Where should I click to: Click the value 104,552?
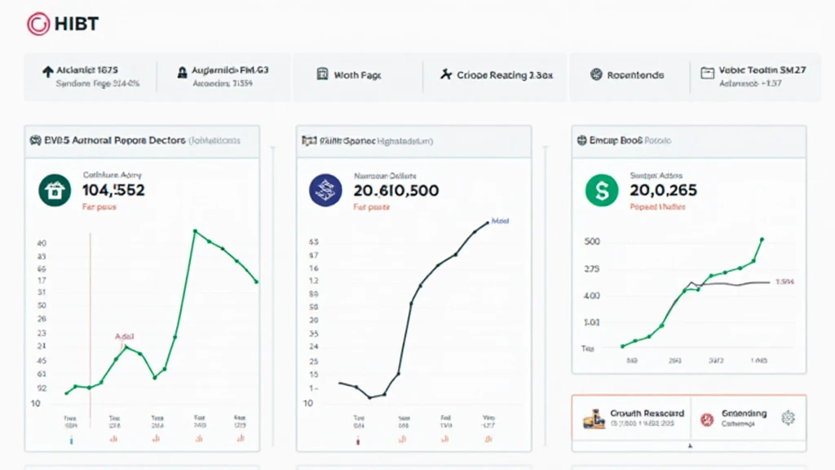click(x=113, y=191)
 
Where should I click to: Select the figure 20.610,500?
click(x=396, y=191)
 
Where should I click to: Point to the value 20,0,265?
click(x=663, y=191)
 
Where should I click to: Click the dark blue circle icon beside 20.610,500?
click(x=325, y=190)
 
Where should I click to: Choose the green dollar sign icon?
click(x=603, y=190)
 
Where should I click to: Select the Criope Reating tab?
click(x=496, y=75)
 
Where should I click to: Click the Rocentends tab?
click(x=627, y=75)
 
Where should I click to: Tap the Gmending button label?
click(x=743, y=414)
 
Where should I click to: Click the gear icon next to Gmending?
click(x=788, y=418)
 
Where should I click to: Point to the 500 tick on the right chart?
click(x=591, y=242)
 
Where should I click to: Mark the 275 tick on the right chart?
click(x=591, y=268)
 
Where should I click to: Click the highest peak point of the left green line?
click(x=196, y=231)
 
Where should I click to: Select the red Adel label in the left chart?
click(x=124, y=335)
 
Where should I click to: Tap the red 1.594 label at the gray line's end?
click(x=784, y=282)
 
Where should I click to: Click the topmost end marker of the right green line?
click(x=762, y=240)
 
